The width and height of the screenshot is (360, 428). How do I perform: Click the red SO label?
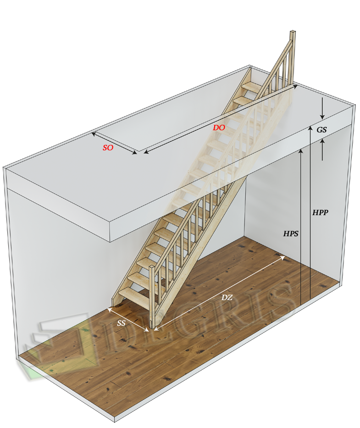[108, 148]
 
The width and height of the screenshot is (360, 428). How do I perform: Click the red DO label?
[219, 128]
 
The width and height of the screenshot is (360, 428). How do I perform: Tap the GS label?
[321, 130]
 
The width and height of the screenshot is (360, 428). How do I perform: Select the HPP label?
[320, 212]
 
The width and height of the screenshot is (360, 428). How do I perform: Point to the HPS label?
[291, 233]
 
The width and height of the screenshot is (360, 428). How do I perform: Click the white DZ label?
[227, 297]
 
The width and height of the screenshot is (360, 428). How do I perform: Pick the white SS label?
[121, 323]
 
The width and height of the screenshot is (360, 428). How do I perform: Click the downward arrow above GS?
[322, 108]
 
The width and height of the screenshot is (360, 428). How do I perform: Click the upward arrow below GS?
[322, 150]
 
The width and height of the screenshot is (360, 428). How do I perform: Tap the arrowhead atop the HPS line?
[301, 150]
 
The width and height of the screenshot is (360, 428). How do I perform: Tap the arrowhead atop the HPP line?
[310, 128]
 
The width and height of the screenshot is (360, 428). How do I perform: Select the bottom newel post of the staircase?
[152, 297]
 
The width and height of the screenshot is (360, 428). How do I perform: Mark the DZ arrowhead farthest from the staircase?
[282, 257]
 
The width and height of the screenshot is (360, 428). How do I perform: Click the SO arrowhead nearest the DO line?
[135, 153]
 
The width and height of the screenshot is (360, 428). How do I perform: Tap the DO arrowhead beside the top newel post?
[295, 86]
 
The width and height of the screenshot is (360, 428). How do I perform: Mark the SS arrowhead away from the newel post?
[110, 310]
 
